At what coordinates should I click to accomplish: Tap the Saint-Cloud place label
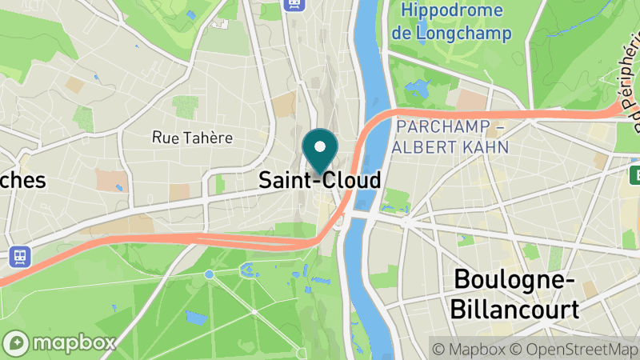pos(320,181)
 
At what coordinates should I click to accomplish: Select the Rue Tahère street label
pos(192,138)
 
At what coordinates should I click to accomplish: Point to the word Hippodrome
pos(453,11)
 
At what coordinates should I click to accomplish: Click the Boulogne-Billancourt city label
pos(515,294)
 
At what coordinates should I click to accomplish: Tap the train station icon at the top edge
pos(293,5)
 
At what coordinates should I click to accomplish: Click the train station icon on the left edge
pos(18,256)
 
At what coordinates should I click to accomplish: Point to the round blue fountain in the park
pos(209,274)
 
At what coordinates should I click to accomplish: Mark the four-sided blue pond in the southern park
pos(196,317)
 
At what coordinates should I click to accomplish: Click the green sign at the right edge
pos(634,174)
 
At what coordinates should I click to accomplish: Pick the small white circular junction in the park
pos(254,310)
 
